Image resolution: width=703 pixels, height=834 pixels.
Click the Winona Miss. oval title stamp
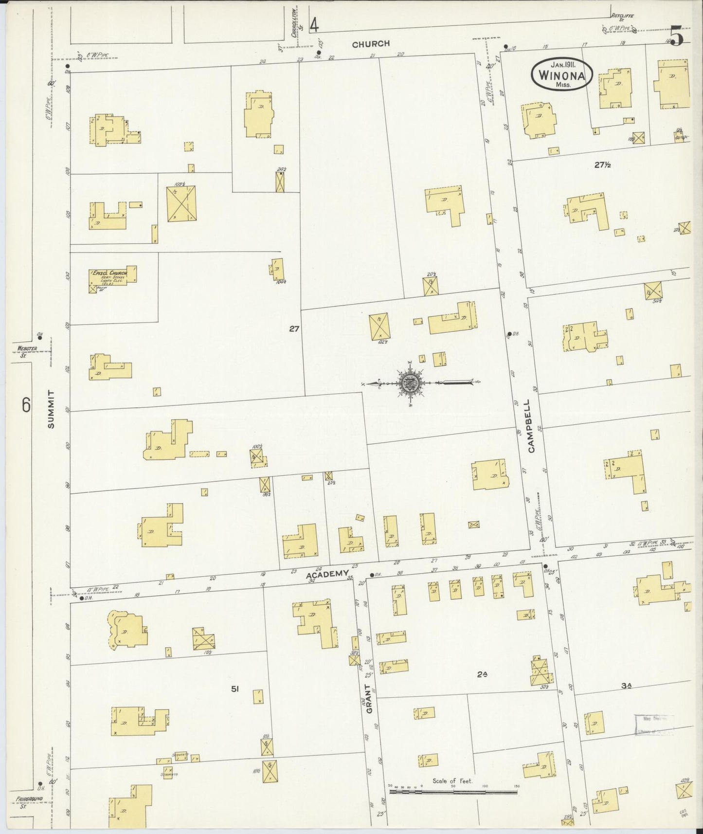coord(561,74)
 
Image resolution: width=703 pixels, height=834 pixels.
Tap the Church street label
coord(371,44)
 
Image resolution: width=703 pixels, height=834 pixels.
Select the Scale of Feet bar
coord(453,792)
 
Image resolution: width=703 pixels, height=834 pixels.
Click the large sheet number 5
coord(677,36)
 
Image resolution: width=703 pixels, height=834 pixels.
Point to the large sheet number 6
coord(26,404)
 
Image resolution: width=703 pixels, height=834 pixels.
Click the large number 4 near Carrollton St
coord(315,24)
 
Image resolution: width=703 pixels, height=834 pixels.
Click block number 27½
coord(602,165)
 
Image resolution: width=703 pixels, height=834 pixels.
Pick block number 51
coord(235,689)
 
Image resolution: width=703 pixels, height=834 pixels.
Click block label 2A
coord(482,674)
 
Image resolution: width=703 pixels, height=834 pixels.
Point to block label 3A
coord(626,686)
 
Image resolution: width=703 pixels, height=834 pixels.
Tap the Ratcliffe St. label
coord(625,15)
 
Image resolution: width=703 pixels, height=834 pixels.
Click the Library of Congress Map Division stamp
coord(655,724)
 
